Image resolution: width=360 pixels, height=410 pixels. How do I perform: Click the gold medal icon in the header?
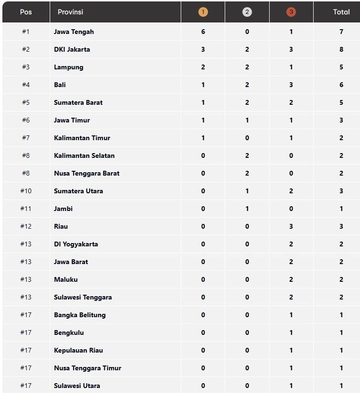(x=203, y=12)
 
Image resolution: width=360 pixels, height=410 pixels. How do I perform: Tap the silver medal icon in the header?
(x=247, y=12)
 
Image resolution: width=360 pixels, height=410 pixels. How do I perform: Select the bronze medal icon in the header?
(x=291, y=12)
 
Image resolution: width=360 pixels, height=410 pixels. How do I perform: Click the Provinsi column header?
(x=70, y=12)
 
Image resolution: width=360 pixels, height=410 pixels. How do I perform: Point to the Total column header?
(x=341, y=12)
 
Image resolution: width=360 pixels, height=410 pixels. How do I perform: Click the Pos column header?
(x=26, y=12)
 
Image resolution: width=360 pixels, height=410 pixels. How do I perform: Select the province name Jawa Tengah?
(x=74, y=32)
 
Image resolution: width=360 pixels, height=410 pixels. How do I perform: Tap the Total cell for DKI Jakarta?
(x=341, y=49)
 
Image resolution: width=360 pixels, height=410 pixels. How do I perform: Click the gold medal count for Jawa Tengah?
(x=203, y=32)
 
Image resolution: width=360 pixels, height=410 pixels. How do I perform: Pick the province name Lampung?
(x=68, y=67)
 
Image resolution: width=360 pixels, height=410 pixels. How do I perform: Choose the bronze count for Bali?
(x=291, y=85)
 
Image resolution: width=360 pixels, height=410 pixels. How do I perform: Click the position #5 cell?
(x=26, y=102)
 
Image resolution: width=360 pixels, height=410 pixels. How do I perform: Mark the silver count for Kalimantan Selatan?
(x=247, y=155)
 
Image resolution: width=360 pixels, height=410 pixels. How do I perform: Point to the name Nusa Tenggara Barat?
(x=87, y=173)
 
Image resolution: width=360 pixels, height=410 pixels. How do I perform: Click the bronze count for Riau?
(x=291, y=226)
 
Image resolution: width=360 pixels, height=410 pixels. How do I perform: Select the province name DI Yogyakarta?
(x=76, y=244)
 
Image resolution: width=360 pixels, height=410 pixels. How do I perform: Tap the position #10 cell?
(x=26, y=191)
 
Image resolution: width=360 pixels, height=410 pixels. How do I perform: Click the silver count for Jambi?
(x=247, y=209)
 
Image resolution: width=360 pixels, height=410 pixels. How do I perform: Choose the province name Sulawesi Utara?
(x=76, y=386)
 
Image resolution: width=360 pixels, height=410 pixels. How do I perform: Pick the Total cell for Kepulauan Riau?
(x=341, y=350)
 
